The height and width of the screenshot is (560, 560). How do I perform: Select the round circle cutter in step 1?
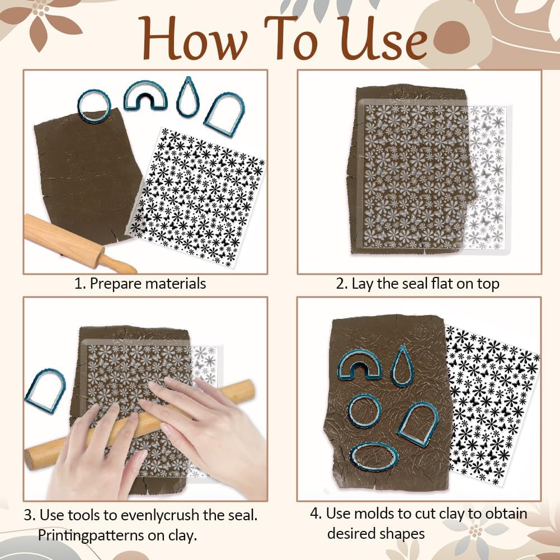click(x=93, y=106)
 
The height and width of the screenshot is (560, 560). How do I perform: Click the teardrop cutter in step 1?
click(x=187, y=97)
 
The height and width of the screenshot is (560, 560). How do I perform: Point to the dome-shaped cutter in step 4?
click(x=418, y=423)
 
